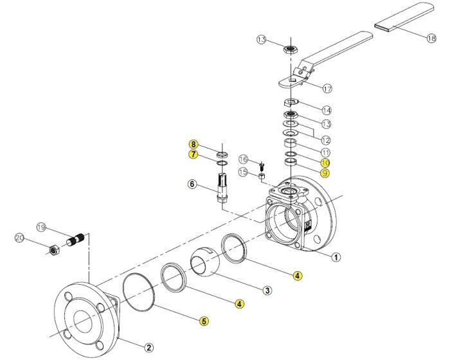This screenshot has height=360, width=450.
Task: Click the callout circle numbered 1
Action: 336,257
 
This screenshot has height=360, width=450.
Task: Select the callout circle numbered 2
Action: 149,348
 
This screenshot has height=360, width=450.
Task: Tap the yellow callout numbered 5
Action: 203,321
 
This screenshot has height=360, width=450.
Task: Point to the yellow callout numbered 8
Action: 193,143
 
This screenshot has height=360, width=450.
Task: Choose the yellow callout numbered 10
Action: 325,163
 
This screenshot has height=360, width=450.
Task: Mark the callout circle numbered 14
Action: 327,110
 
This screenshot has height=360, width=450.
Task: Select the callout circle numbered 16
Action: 243,159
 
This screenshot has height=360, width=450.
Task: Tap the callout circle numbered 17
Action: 327,89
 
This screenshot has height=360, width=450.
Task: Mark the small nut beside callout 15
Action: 262,174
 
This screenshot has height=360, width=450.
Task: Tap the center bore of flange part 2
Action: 84,319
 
